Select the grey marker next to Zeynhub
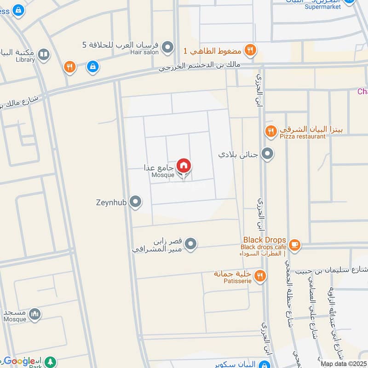135,201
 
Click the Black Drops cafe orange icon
294,245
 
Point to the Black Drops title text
264,240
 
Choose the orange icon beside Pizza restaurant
270,132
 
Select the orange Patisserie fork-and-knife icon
260,276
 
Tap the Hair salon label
147,52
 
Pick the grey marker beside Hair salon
168,47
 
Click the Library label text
25,60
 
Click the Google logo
19,361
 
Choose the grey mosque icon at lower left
34,315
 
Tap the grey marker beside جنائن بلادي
267,154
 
